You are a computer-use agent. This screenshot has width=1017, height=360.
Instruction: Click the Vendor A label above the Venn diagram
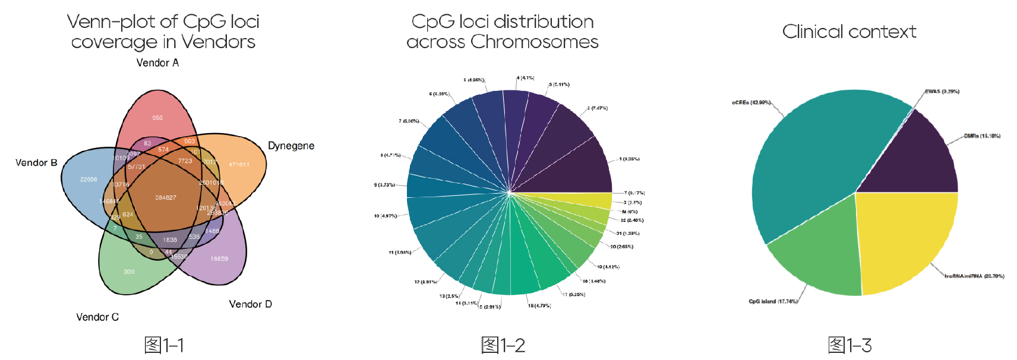coord(157,63)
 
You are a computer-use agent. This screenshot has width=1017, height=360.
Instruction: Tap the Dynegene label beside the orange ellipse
coord(290,146)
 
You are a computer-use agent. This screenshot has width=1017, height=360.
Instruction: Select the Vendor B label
coord(36,163)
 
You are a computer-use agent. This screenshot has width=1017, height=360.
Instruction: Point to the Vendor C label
coord(97,317)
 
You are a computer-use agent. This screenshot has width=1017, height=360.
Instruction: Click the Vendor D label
coord(250,304)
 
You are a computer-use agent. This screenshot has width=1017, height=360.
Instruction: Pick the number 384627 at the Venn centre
coord(166,198)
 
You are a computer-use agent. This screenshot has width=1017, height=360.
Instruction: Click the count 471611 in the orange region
coord(239,165)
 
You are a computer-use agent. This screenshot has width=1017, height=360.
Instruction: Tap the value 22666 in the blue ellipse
coord(89,179)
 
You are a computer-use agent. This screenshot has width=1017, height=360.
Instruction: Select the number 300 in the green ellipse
coord(129,272)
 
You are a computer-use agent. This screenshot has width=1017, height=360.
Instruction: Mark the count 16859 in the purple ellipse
coord(219,259)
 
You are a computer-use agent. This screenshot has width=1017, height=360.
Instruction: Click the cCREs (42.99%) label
coord(751,103)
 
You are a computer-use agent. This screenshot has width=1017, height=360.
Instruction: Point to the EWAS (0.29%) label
coord(942,91)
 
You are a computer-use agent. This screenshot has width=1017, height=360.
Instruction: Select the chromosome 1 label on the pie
coord(629,159)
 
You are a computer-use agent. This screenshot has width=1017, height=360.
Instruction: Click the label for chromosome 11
coord(400,252)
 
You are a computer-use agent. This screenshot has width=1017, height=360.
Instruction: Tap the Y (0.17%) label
coord(634,193)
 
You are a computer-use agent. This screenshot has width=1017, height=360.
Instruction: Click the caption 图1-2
coord(503,345)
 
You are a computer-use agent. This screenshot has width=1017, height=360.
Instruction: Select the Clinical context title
coord(849,31)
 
